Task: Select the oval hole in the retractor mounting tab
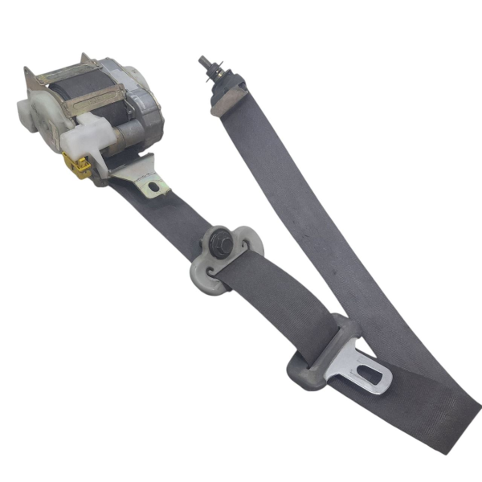point(153,187)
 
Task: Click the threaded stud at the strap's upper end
point(205,63)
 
